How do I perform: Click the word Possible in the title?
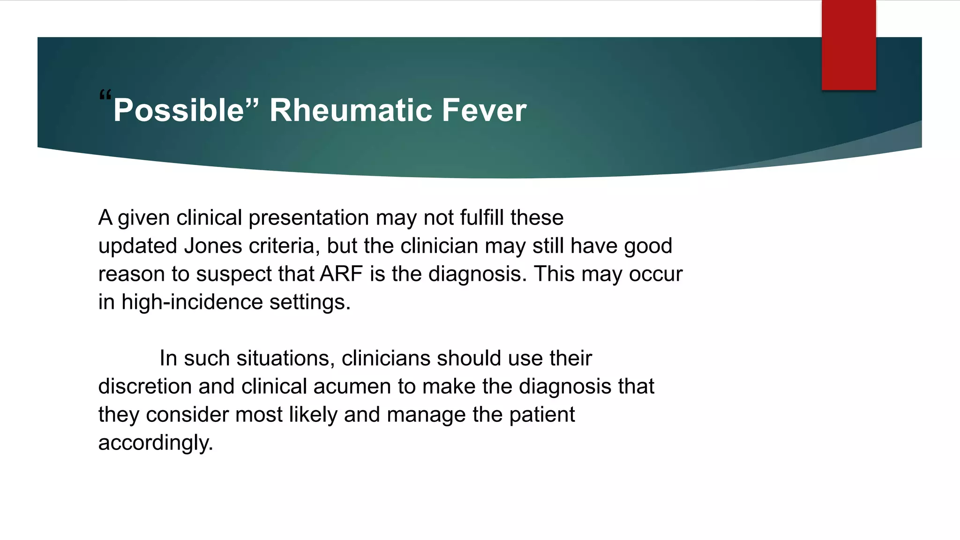[x=179, y=111]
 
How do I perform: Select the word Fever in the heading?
[x=484, y=111]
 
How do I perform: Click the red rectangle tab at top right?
[x=848, y=45]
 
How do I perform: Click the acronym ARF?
[x=341, y=274]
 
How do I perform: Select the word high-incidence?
[x=192, y=302]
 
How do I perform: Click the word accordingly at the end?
[x=155, y=443]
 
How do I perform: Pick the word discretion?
[x=144, y=387]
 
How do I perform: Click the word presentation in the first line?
[x=308, y=218]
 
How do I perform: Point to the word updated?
[x=137, y=246]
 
